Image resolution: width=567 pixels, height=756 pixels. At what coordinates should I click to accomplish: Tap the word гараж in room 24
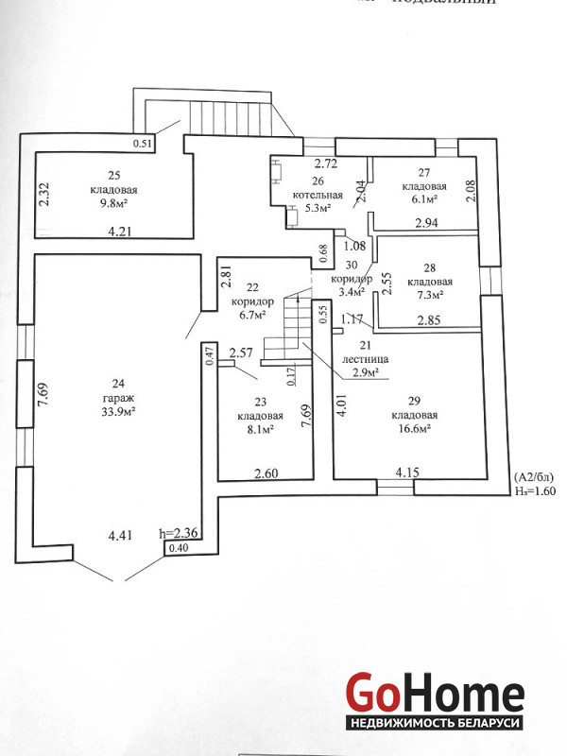tap(118, 397)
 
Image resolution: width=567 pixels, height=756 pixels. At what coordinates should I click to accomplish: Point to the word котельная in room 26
tap(317, 195)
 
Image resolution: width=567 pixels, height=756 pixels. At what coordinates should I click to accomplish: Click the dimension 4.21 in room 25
tap(121, 231)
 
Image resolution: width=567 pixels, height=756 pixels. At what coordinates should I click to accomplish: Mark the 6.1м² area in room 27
tap(419, 199)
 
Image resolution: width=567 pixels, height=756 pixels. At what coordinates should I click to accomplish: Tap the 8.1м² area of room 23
tap(256, 429)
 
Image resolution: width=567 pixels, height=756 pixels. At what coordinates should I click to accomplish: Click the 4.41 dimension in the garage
tap(119, 536)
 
